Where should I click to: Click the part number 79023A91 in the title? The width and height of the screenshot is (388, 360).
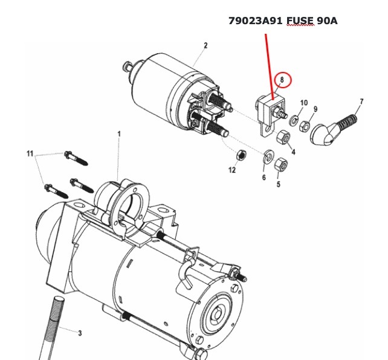point(256,21)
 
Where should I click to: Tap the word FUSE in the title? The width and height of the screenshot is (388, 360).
point(300,21)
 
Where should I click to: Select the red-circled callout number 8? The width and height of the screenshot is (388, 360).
point(282,80)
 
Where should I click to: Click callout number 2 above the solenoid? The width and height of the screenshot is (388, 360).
point(205,45)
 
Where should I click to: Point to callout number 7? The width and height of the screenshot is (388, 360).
point(361,101)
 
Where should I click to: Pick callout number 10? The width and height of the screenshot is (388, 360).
point(304,103)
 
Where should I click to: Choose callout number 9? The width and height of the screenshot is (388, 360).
point(315,109)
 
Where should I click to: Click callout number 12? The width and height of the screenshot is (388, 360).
point(232,170)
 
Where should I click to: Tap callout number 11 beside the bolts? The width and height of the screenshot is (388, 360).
point(30,154)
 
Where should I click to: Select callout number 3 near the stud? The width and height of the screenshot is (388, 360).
point(80,333)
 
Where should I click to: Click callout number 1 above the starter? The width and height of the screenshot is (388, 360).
point(119,134)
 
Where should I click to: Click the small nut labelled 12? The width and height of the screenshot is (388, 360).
point(241,155)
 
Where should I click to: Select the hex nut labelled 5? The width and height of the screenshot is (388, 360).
point(280,164)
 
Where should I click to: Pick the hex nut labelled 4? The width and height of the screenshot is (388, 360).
point(283,137)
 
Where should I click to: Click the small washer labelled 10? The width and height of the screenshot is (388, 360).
point(294,121)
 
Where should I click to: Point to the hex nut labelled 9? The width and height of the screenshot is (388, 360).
point(304,126)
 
